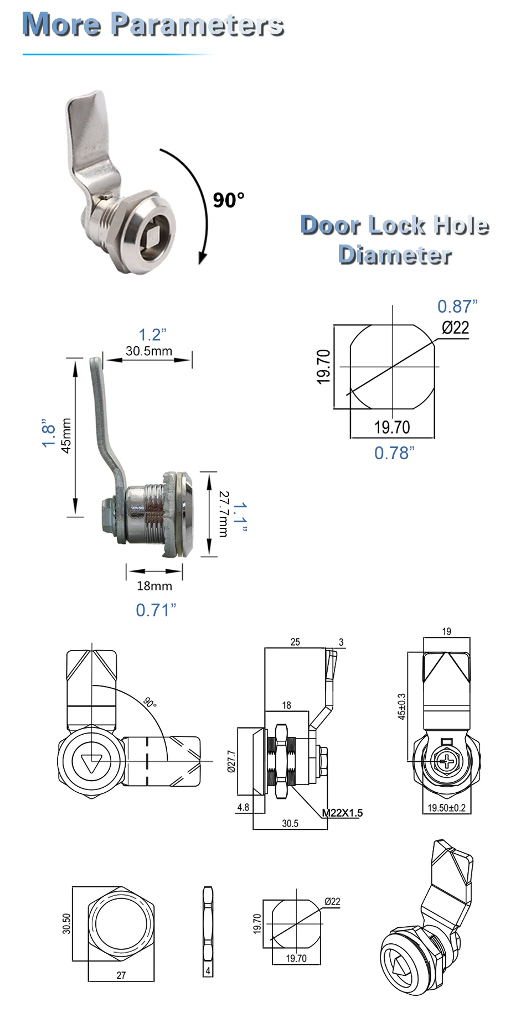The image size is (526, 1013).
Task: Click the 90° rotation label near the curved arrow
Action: coord(228,200)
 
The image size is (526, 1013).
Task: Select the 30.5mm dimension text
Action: coord(148,351)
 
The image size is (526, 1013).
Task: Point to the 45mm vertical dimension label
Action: coord(66,435)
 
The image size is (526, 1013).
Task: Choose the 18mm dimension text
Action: coord(154,586)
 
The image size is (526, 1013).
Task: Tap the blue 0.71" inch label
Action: coord(156,610)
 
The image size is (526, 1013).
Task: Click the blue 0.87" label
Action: coord(457,306)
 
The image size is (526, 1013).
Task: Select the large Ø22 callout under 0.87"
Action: coord(455,328)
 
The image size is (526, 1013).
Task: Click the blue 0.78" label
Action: coord(394,453)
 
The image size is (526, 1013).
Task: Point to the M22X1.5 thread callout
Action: coord(342,813)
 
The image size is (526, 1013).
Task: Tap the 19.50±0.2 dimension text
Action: coord(446,808)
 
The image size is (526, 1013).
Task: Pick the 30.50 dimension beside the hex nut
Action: coord(66,923)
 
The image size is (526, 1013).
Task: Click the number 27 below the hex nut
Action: coord(121,975)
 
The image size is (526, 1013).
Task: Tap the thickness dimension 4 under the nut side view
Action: coord(208,971)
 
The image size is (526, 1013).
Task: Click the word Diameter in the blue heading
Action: coord(394,255)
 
